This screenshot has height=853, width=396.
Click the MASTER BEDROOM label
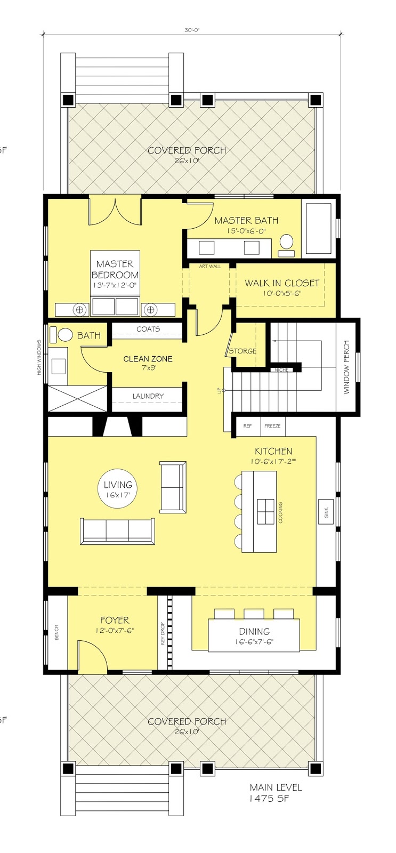click(115, 270)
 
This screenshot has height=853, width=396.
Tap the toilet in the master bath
click(287, 242)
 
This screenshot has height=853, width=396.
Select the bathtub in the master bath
click(318, 228)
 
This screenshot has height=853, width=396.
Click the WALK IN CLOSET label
click(282, 283)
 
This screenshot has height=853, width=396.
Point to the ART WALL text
click(209, 266)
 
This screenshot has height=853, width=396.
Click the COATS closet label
click(148, 329)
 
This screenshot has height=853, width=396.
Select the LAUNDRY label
click(148, 396)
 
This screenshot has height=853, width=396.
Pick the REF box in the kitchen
click(247, 426)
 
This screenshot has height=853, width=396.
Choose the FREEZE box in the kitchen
click(272, 426)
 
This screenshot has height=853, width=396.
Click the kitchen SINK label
click(326, 512)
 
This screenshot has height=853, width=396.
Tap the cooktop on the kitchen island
click(265, 512)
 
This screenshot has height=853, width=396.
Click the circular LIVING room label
click(118, 489)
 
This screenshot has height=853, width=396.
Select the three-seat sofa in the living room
click(117, 531)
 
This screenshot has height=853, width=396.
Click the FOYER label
click(115, 620)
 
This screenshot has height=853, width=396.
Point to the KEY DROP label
click(163, 634)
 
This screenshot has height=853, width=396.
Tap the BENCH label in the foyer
click(56, 632)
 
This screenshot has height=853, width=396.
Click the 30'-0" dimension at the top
click(191, 31)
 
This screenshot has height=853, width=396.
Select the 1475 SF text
click(269, 799)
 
